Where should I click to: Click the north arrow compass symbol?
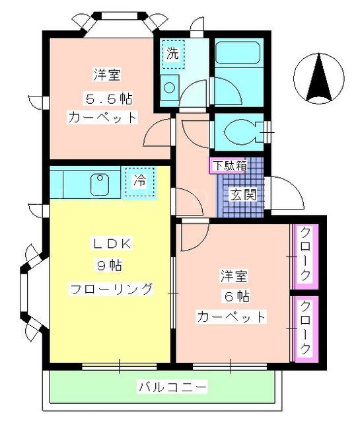pos(319,79)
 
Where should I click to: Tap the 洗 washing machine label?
pos(172,53)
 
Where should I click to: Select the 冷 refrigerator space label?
pos(140,180)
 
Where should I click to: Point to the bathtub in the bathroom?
pos(238,53)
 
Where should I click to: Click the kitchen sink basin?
pos(100,184)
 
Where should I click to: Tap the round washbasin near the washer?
pos(170,88)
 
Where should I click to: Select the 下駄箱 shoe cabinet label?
pos(230,166)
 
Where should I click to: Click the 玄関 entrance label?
pos(243,194)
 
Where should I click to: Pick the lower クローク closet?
pos(306,329)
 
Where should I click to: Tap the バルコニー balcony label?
pos(173,387)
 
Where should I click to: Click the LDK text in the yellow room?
pos(112,244)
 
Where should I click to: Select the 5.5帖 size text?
pos(109,99)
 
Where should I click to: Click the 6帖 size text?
pos(236,297)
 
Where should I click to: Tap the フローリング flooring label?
pos(111,289)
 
